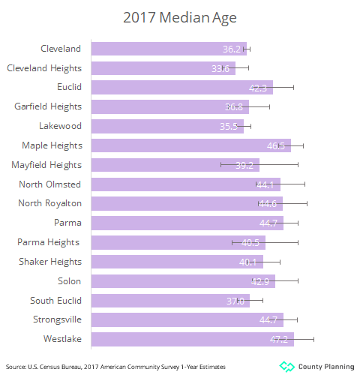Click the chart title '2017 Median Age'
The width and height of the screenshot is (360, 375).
point(179,16)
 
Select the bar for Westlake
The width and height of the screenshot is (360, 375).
point(192,339)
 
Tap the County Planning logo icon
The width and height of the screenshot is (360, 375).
point(286,366)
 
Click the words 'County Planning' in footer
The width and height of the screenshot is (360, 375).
point(326,366)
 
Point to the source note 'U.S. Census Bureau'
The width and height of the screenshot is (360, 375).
point(52,366)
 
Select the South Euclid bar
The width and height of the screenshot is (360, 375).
point(169,301)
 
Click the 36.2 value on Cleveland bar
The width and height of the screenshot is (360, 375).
point(232,49)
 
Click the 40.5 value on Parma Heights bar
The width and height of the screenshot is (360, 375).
point(250,242)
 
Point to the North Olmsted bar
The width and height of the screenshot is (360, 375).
point(185,184)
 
